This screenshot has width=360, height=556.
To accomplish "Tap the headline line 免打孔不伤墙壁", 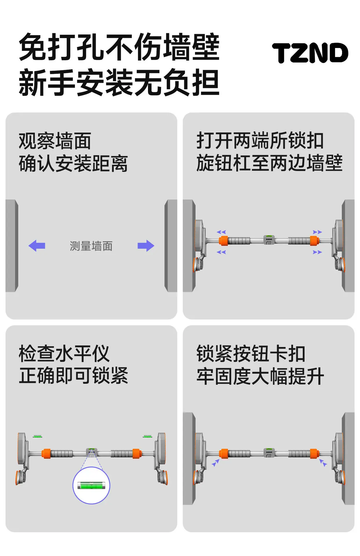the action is tap(119, 47).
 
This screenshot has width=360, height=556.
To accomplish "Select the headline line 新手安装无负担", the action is tap(119, 83).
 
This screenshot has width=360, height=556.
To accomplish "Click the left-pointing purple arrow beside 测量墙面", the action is tap(37, 246).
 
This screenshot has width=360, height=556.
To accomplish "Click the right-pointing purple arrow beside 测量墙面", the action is tap(146, 246).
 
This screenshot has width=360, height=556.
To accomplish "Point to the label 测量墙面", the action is tap(91, 246).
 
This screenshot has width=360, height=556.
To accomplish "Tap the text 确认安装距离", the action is tap(73, 163).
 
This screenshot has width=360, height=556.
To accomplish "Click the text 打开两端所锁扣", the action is tap(260, 140).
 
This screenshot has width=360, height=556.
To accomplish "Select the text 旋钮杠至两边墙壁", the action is tap(270, 163).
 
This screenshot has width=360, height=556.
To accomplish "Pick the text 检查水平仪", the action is tap(64, 354).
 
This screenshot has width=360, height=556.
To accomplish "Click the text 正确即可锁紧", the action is tap(73, 376).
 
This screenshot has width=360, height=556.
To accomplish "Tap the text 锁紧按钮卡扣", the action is tap(251, 354).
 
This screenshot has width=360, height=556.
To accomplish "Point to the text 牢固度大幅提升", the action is tap(260, 376).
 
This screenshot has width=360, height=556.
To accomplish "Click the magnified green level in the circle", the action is tap(91, 485).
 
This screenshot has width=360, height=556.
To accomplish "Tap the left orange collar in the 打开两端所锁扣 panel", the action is tap(223, 241).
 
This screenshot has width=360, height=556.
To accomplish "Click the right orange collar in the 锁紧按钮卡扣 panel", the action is tap(314, 453).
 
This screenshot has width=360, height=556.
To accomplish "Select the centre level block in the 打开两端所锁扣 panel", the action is tap(269, 240).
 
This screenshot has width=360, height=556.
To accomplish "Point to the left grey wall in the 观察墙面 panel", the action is tap(12, 246).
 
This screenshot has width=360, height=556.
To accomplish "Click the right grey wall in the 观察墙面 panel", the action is tap(171, 246).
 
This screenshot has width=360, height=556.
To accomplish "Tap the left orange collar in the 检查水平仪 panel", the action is tap(46, 453).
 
